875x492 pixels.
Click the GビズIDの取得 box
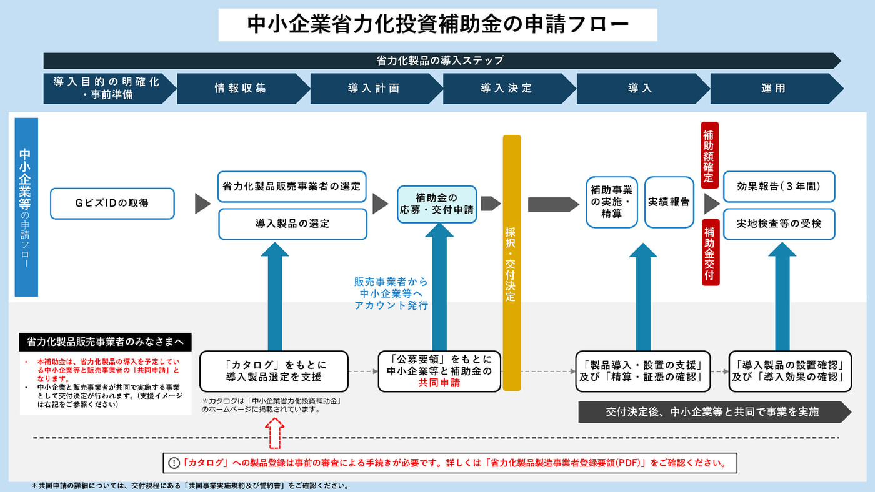click(112, 204)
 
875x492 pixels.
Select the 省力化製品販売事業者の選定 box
click(292, 186)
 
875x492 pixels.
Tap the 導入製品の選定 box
click(292, 224)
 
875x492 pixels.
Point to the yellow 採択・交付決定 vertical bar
click(511, 262)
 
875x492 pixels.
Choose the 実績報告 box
click(669, 202)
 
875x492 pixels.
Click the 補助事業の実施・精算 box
click(611, 202)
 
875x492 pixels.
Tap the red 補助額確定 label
click(710, 155)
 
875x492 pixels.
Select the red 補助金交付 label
click(710, 252)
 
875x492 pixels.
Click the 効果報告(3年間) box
click(779, 186)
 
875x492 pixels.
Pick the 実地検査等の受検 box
click(779, 224)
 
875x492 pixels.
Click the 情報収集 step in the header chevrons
click(241, 89)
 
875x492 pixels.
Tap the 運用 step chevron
click(774, 89)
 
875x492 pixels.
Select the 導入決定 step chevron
click(506, 89)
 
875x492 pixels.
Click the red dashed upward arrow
click(275, 433)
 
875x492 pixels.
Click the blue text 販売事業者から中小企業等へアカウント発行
click(391, 293)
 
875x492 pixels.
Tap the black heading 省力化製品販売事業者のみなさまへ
click(105, 342)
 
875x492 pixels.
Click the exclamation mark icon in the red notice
click(174, 463)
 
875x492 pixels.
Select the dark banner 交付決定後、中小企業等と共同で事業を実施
click(712, 412)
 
